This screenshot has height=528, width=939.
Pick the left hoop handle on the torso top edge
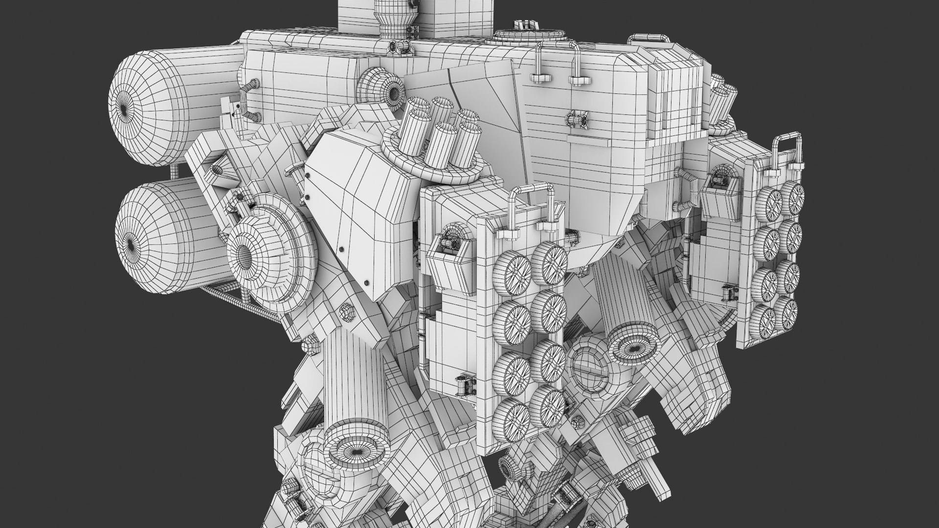tap(540, 61)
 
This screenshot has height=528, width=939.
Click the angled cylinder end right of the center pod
tap(634, 345)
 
